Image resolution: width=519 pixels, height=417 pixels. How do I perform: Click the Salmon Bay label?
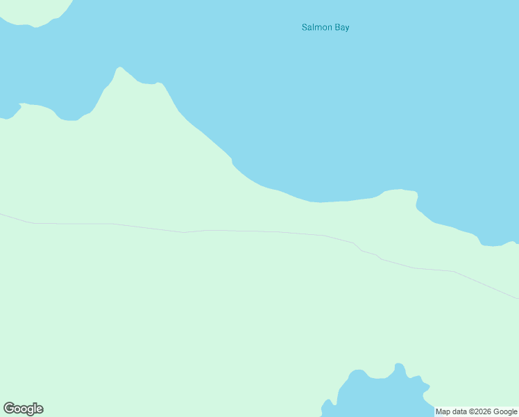(325, 28)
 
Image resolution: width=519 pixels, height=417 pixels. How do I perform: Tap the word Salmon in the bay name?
(317, 28)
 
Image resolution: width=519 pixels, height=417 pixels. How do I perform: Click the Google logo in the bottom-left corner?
(23, 409)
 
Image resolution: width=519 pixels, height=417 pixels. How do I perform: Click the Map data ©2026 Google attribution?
(475, 411)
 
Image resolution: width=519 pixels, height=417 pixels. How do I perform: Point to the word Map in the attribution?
(443, 411)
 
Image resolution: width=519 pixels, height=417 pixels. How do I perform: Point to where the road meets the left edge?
(1, 214)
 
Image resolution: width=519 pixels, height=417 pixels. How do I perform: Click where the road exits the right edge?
(517, 298)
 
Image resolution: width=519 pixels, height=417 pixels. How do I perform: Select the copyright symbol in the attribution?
(468, 411)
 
